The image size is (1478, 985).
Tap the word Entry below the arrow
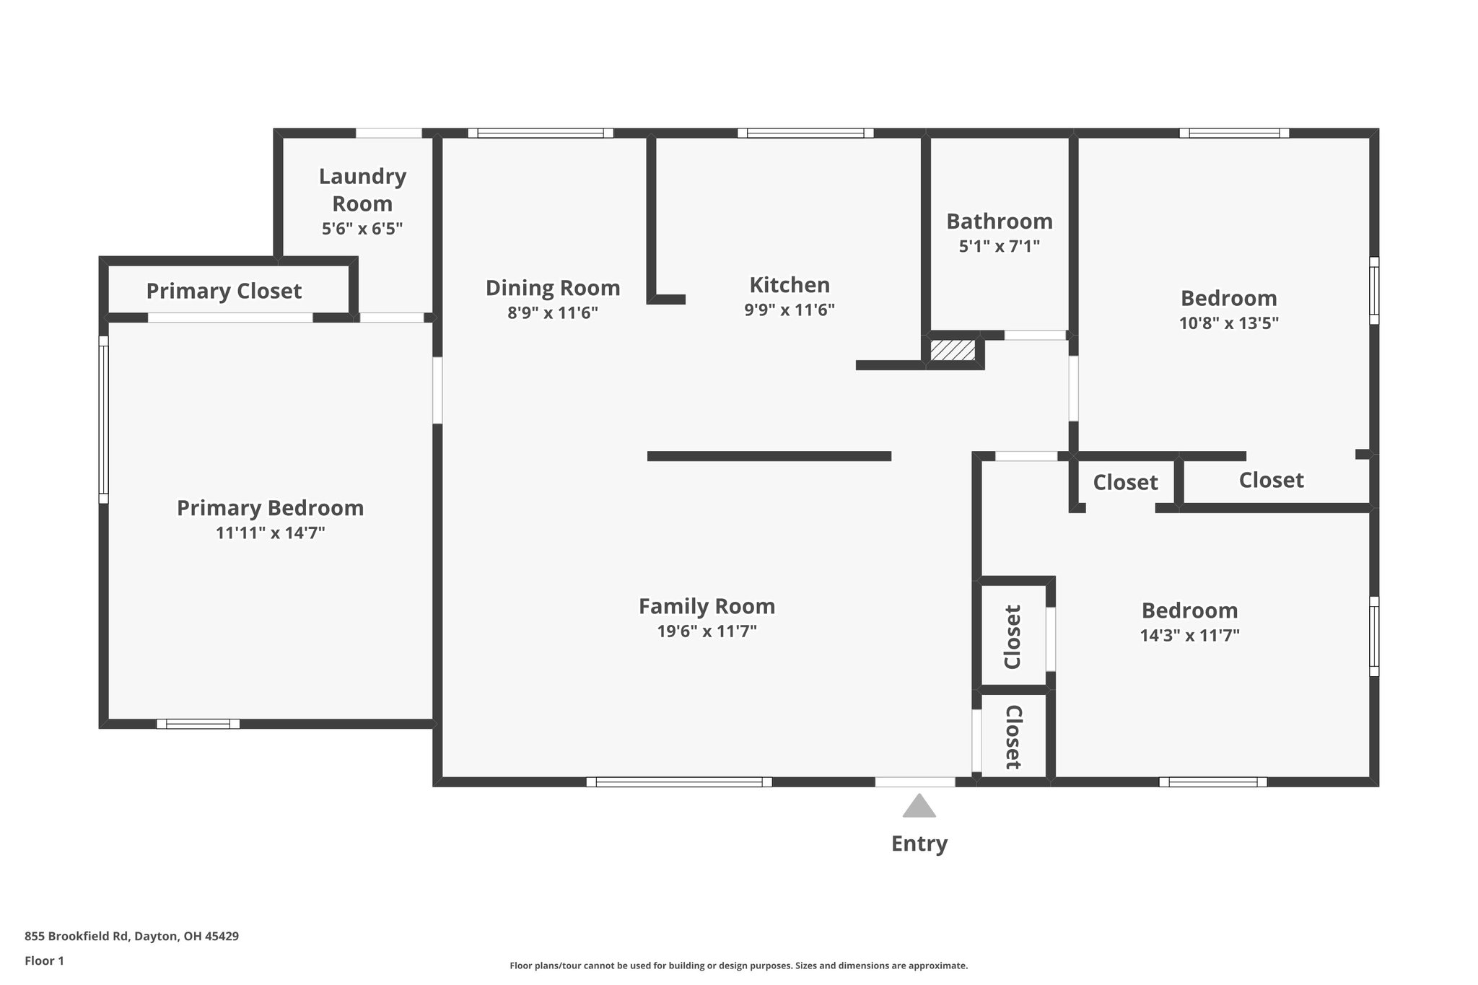tap(919, 844)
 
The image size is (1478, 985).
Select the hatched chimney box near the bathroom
tap(953, 351)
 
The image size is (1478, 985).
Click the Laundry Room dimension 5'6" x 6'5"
tap(362, 229)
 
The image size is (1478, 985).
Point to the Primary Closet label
tap(224, 292)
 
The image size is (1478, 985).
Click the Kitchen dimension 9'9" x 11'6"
tap(789, 310)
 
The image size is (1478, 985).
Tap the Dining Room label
tap(552, 288)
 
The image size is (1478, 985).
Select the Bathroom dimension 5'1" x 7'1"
tap(999, 247)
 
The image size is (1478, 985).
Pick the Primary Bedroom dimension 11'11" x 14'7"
tap(270, 533)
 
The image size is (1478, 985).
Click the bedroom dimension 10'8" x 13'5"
tap(1228, 323)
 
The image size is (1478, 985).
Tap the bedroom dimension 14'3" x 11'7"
tap(1189, 636)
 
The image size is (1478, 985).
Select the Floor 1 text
tap(44, 960)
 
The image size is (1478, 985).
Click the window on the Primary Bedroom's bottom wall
tap(198, 724)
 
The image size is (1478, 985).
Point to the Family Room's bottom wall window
tap(679, 782)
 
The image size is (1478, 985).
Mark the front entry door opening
tap(914, 782)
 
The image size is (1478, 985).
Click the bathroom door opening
tap(1035, 336)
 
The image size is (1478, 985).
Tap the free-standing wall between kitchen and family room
tap(769, 456)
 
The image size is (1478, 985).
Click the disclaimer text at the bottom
tap(738, 966)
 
